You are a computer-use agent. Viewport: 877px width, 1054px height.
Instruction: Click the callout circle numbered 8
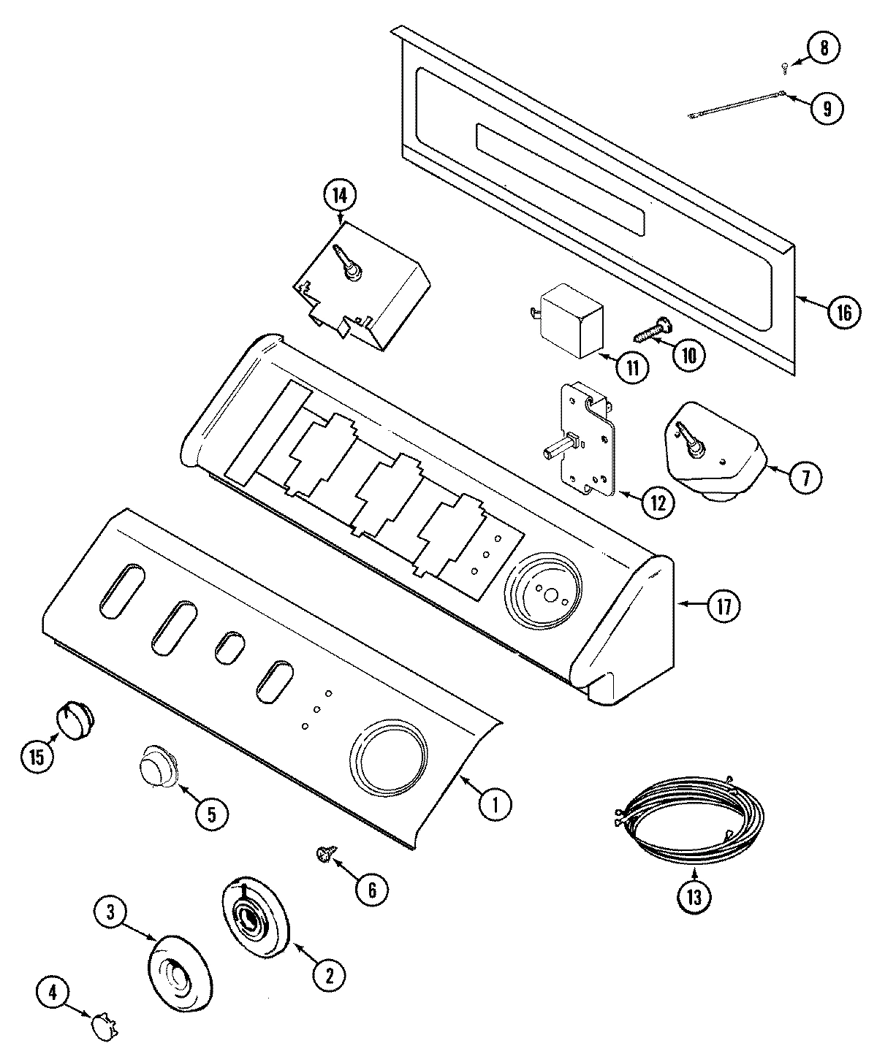click(x=824, y=49)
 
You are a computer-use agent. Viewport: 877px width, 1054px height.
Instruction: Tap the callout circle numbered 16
click(x=843, y=313)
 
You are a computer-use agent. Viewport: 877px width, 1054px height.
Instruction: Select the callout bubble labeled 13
click(x=694, y=898)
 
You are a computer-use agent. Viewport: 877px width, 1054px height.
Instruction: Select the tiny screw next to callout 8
click(x=784, y=67)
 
